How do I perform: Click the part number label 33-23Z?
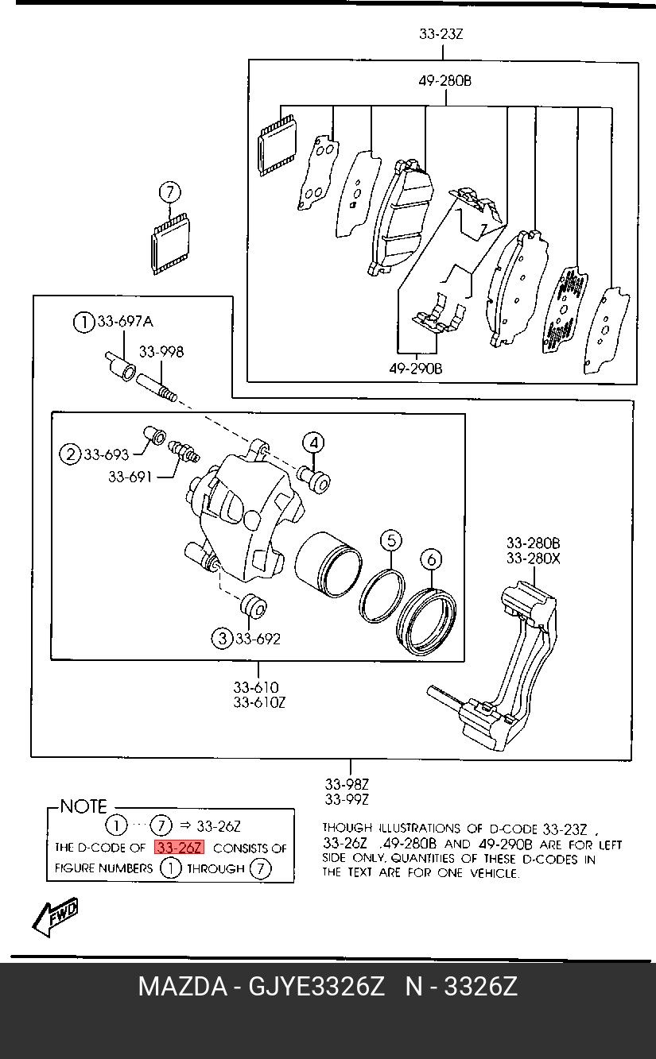tap(441, 34)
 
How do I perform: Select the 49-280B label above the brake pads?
tap(445, 81)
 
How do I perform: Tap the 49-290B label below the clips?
tap(415, 369)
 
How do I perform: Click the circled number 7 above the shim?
tap(169, 192)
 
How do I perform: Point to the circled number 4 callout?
tap(313, 443)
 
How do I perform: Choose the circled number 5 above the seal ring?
tap(390, 541)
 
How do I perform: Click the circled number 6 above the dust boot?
tap(430, 559)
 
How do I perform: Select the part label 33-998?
tap(161, 351)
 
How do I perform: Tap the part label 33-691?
tap(130, 477)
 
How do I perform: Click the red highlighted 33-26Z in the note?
tap(180, 848)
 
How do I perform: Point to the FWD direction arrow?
tap(56, 917)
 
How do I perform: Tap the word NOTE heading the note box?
tap(83, 806)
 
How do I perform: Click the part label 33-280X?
tap(534, 558)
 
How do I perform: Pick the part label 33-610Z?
tap(259, 702)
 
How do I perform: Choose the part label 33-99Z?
tap(347, 799)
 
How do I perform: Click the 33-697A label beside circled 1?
tap(125, 322)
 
